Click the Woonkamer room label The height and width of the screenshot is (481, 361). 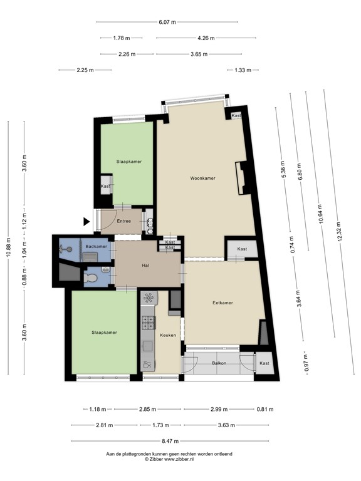202,178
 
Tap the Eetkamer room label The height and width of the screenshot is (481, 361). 222,303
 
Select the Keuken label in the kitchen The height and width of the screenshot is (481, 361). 168,335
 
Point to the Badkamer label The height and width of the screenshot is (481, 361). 97,247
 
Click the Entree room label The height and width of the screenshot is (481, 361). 123,221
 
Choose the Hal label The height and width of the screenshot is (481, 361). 145,266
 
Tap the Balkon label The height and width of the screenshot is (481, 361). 219,363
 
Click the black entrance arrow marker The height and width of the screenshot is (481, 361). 86,222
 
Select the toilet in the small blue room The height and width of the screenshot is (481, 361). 90,278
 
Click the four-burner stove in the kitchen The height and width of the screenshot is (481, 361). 149,323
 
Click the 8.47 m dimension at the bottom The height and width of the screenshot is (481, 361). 170,442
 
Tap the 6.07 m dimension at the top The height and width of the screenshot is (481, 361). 167,22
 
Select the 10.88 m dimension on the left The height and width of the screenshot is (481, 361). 9,248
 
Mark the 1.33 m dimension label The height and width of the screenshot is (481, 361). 243,70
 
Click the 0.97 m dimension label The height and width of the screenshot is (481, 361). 306,363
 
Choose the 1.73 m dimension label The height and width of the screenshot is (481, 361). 160,425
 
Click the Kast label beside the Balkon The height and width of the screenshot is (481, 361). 264,363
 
